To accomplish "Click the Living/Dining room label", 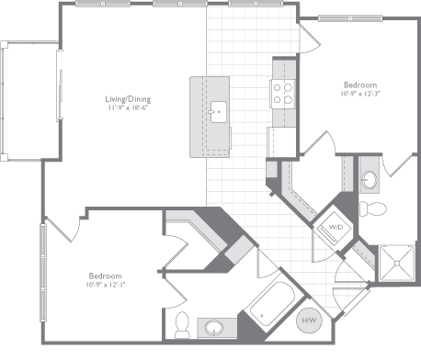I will point(127,99).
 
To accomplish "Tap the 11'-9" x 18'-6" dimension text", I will point(127,108).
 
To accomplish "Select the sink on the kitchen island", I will point(219,113).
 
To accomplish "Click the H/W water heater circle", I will point(309,320).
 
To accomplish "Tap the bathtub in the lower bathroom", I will point(271,312).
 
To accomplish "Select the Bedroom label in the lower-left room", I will point(105,275).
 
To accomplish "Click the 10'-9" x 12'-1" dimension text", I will point(105,285).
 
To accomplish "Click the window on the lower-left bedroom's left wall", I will point(42,266).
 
